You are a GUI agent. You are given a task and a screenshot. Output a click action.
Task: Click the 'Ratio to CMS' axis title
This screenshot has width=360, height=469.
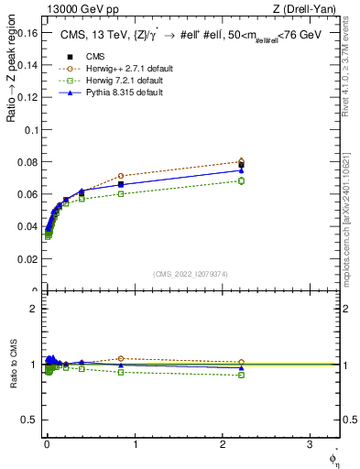[x=12, y=365]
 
